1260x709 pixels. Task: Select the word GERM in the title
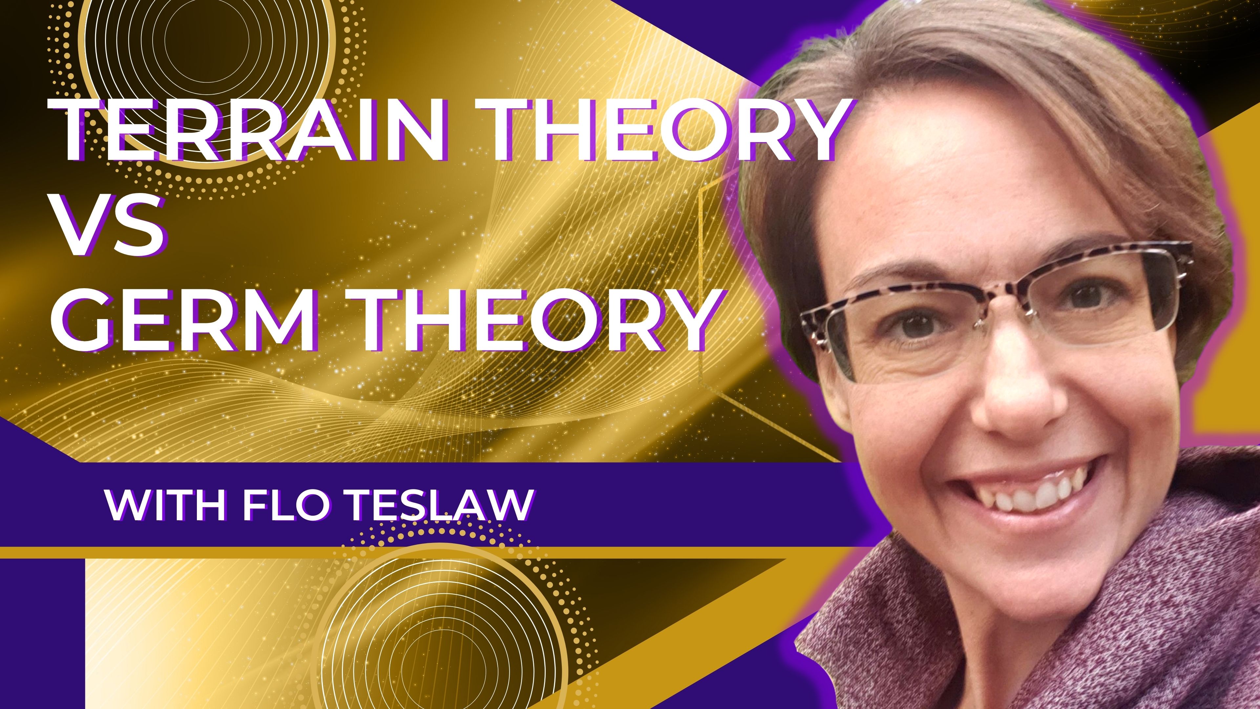pos(184,320)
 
